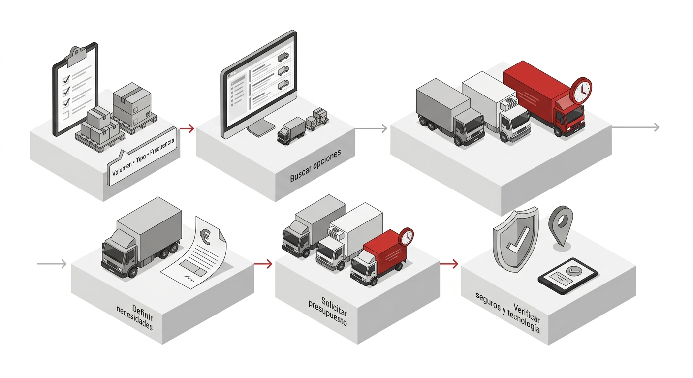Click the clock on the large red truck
581,90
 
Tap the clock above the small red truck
406,237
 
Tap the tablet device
567,276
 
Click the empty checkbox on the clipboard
65,115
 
